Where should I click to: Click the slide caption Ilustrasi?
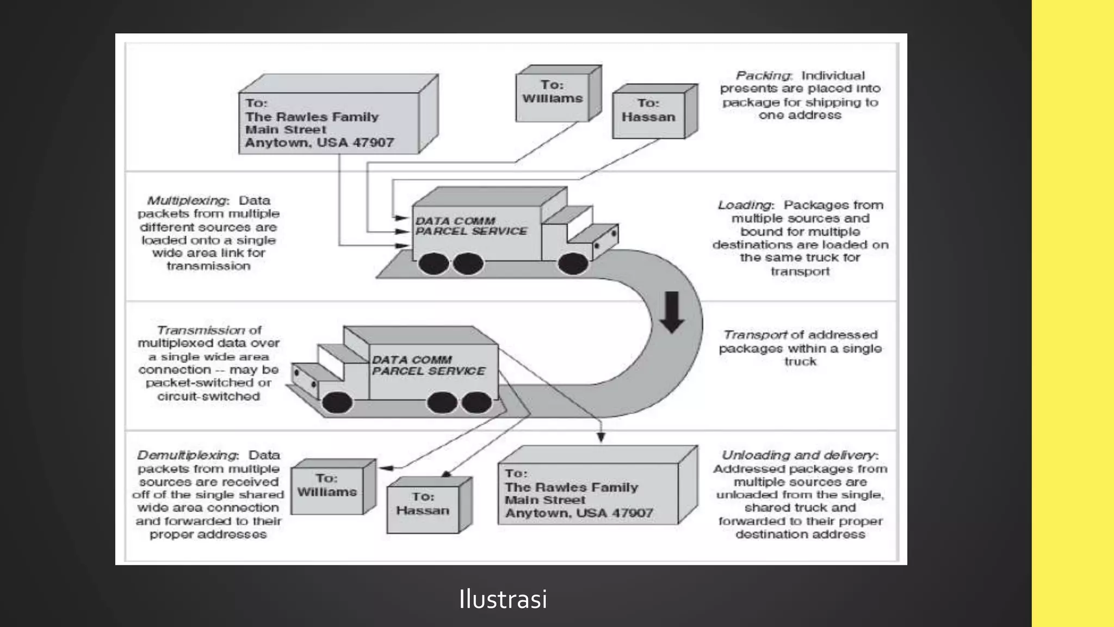coord(503,599)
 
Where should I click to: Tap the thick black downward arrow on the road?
coord(672,312)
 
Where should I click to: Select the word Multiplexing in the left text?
coord(187,200)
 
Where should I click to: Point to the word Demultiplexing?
coord(187,455)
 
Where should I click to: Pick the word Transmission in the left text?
coord(201,330)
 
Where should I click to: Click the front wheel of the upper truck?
coord(573,265)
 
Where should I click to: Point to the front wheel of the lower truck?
coord(337,403)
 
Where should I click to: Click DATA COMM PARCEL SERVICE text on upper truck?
coord(471,226)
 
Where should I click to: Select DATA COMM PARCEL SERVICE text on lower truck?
coord(428,366)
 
